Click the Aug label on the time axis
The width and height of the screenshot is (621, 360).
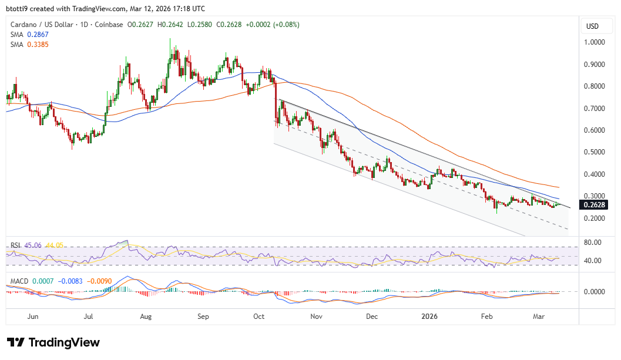146,317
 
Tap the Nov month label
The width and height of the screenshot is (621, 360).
317,317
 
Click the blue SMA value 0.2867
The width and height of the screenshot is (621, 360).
37,35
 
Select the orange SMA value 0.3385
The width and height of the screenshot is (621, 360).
37,45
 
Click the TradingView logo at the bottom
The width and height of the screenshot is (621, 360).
53,342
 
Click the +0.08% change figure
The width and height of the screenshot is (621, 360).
286,25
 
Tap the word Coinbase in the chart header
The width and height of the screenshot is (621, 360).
109,25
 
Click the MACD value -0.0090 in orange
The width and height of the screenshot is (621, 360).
99,281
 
